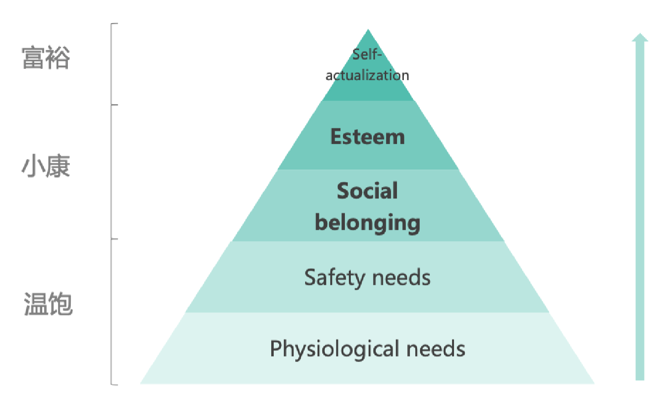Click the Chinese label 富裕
[46, 57]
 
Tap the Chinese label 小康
[46, 166]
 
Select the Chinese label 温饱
[48, 304]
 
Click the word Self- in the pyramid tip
[367, 55]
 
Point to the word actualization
[368, 76]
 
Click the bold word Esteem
[368, 137]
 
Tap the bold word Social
[368, 191]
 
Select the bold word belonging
[368, 223]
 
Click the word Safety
[334, 278]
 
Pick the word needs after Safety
[401, 277]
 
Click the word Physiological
[335, 349]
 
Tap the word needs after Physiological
[436, 349]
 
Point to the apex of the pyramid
[368, 29]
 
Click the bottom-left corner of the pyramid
[141, 384]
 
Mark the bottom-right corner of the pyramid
[594, 384]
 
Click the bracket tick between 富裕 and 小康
[114, 105]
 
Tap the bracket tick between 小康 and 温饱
[114, 239]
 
